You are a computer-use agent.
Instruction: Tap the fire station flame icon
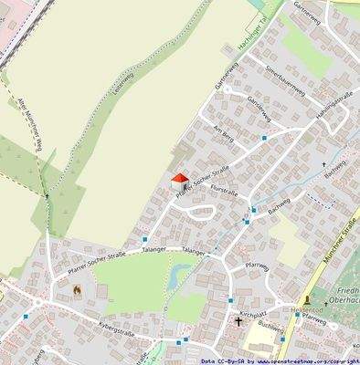(x=77, y=290)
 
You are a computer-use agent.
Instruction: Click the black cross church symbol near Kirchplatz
(x=239, y=322)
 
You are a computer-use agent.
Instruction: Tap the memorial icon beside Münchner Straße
(x=308, y=298)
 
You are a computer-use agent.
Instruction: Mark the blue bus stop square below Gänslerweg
(x=264, y=137)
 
